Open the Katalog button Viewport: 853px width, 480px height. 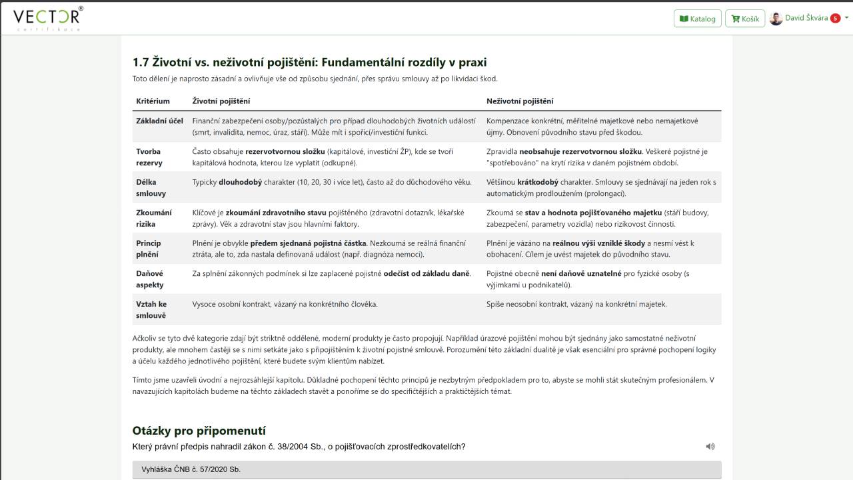click(697, 19)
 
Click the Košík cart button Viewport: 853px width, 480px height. click(745, 19)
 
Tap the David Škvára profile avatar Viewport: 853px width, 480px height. click(776, 19)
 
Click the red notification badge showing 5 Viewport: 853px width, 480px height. click(835, 19)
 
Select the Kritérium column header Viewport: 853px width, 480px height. click(153, 101)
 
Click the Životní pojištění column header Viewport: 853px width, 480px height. click(221, 101)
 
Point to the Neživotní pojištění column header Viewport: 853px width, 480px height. click(520, 101)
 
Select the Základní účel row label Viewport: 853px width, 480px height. click(159, 121)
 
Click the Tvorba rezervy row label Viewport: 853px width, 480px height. click(149, 157)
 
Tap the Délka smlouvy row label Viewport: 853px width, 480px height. click(151, 187)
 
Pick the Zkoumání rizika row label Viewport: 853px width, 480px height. click(153, 218)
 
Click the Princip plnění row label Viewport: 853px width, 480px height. click(148, 249)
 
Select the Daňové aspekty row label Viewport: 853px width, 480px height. click(150, 279)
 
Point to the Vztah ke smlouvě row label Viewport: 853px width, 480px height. click(151, 309)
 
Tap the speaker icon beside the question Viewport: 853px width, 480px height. click(710, 447)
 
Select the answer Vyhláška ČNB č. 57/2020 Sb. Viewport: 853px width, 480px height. click(191, 469)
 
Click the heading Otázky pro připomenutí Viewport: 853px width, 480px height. click(199, 431)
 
